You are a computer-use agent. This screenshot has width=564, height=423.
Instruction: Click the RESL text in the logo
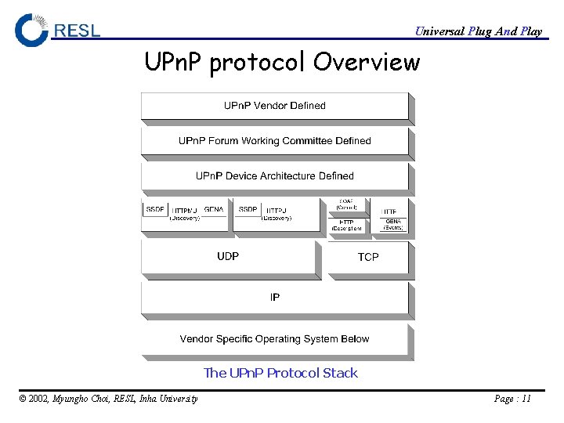pyautogui.click(x=78, y=31)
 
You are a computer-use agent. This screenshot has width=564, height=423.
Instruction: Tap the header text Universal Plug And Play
pyautogui.click(x=478, y=31)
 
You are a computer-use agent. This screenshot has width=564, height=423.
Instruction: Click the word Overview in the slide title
pyautogui.click(x=367, y=61)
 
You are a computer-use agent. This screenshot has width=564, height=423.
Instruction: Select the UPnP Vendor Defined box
pyautogui.click(x=275, y=106)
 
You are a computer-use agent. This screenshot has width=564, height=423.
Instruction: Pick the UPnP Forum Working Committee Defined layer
pyautogui.click(x=275, y=141)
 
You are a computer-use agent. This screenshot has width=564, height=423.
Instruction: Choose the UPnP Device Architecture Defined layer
pyautogui.click(x=275, y=176)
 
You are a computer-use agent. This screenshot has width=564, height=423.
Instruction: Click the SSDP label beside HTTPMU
pyautogui.click(x=155, y=210)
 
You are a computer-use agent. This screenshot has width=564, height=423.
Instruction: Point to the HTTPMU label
pyautogui.click(x=185, y=211)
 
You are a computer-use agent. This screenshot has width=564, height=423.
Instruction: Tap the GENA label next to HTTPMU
pyautogui.click(x=214, y=210)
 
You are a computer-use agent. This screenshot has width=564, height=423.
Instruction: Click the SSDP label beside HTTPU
pyautogui.click(x=248, y=210)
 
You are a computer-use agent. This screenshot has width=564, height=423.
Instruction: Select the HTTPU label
pyautogui.click(x=277, y=211)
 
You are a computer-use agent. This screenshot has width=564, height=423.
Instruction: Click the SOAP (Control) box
pyautogui.click(x=346, y=204)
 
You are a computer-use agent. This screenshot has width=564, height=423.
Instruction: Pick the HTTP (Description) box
pyautogui.click(x=346, y=225)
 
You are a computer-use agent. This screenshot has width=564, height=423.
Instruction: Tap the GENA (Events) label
pyautogui.click(x=393, y=225)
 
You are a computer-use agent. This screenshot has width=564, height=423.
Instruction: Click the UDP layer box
pyautogui.click(x=228, y=256)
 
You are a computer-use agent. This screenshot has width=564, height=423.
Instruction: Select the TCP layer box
pyautogui.click(x=368, y=257)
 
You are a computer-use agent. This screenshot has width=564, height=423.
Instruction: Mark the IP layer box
pyautogui.click(x=275, y=298)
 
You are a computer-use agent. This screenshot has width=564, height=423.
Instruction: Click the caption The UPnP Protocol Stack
pyautogui.click(x=280, y=373)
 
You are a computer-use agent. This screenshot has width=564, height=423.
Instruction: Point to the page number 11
pyautogui.click(x=526, y=399)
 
